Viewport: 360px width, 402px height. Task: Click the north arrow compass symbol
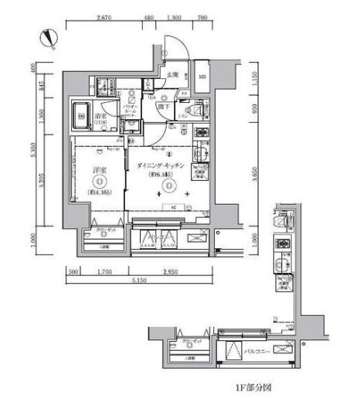48,36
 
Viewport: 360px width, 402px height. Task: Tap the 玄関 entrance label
172,75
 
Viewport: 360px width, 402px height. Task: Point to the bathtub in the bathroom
80,116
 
